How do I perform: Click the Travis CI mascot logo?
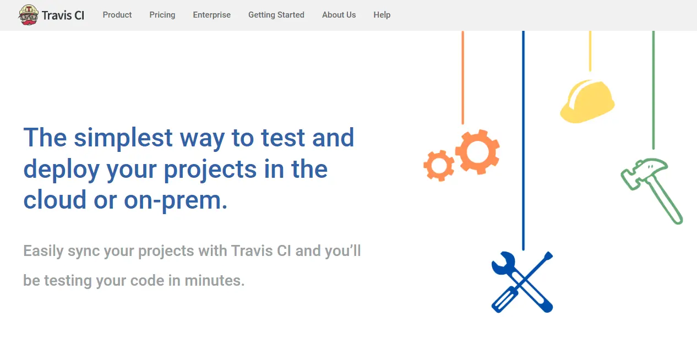[28, 15]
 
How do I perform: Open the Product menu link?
[117, 15]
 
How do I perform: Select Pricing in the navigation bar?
[162, 15]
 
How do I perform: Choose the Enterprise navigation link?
[212, 15]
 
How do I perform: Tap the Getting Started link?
[276, 15]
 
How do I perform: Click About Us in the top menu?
[339, 15]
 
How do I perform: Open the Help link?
[382, 15]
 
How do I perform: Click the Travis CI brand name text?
[63, 15]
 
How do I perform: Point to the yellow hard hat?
[587, 101]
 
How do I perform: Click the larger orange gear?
[477, 152]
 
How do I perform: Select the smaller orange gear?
[439, 165]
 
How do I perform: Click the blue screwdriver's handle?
[503, 299]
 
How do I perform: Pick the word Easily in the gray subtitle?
[43, 251]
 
